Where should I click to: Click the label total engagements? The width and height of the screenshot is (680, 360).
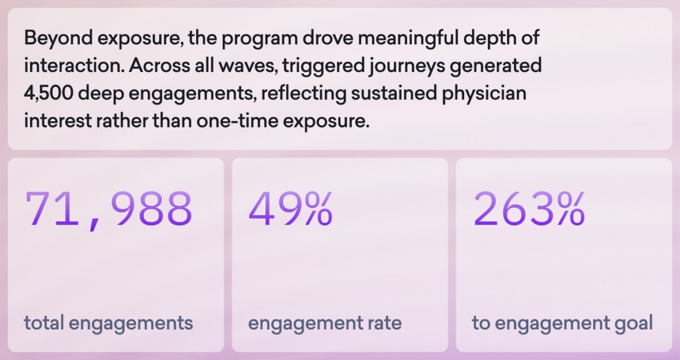(108, 324)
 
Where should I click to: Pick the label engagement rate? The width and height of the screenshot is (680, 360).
(325, 324)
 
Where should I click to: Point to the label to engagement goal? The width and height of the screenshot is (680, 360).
(562, 324)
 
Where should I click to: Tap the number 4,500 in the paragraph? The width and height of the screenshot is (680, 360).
(48, 94)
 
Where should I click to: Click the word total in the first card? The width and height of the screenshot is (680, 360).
(44, 324)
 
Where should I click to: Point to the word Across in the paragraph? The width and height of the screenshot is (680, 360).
(155, 66)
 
